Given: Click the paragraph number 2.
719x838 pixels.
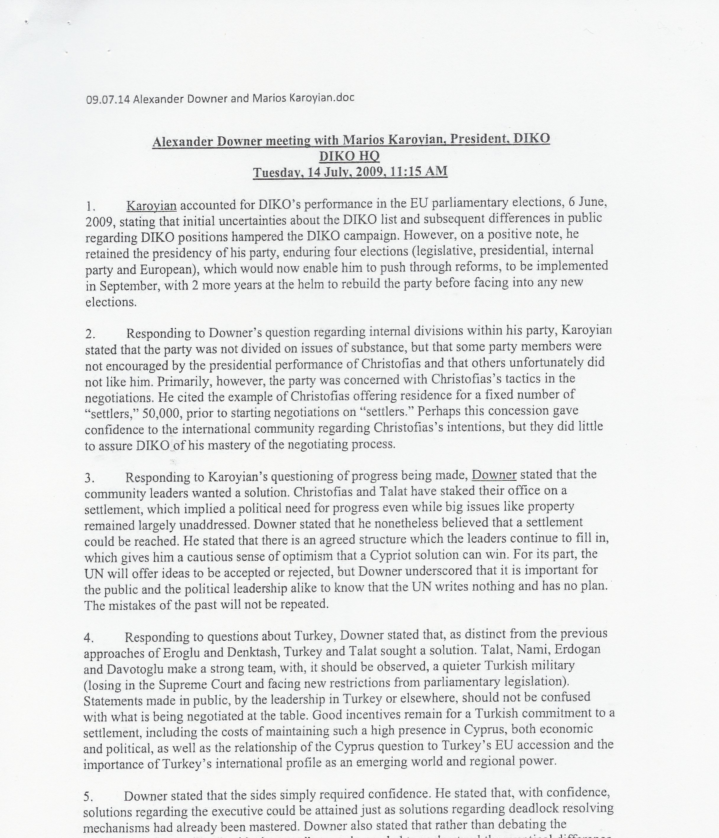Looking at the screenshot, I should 90,334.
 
